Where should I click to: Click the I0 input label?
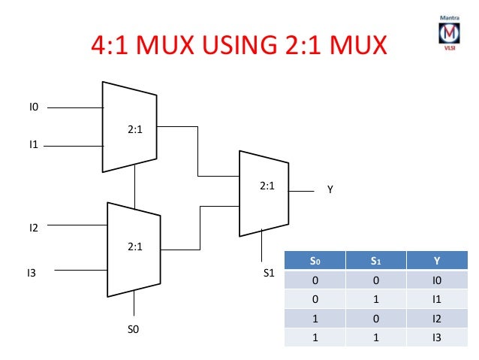[33, 108]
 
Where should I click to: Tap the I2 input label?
[34, 225]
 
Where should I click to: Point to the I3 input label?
[32, 274]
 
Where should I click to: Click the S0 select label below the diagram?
[134, 328]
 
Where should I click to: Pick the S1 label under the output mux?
[268, 274]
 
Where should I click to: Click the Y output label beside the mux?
[330, 192]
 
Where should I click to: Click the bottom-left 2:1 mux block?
[134, 248]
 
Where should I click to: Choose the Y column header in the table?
[437, 262]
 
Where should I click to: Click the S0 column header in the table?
[315, 262]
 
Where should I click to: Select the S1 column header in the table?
[375, 262]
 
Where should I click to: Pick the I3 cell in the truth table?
[437, 337]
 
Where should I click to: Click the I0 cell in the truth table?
[437, 280]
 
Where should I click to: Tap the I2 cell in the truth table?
[437, 318]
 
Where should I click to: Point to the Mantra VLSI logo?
[450, 35]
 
